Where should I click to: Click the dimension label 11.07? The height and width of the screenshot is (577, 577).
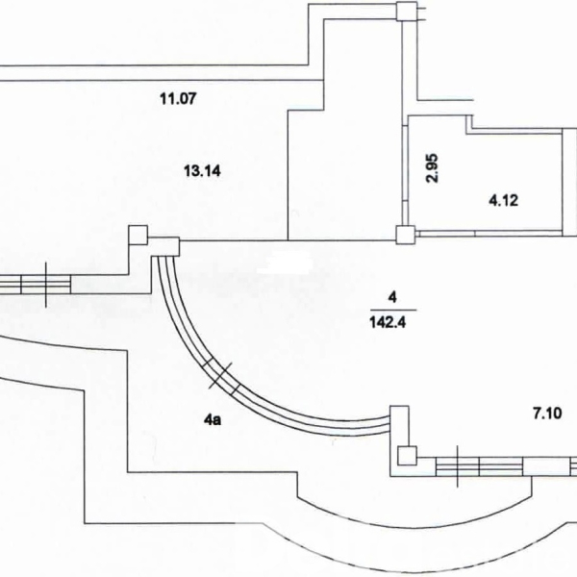[x=178, y=99]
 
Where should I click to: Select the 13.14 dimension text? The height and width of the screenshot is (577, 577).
[x=202, y=171]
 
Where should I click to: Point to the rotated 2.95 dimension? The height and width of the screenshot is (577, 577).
[x=432, y=167]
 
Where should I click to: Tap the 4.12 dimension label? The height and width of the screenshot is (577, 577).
[x=503, y=201]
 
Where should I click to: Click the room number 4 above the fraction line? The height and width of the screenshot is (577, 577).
[x=392, y=297]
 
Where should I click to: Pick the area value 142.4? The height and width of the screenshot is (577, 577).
[x=388, y=323]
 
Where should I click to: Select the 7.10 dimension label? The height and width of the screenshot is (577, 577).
[x=547, y=414]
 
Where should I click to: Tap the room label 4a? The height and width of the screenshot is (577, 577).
[x=213, y=419]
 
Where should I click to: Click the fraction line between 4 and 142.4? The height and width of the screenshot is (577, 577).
[x=393, y=311]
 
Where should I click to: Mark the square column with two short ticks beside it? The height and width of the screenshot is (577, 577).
[x=407, y=11]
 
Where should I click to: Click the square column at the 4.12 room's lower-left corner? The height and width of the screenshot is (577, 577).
[x=406, y=235]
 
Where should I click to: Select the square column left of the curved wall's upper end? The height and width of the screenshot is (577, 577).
[x=138, y=235]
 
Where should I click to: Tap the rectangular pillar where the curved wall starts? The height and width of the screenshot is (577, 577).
[x=163, y=246]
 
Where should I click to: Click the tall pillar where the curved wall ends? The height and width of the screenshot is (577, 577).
[x=399, y=425]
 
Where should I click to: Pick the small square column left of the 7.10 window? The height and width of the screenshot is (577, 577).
[x=408, y=456]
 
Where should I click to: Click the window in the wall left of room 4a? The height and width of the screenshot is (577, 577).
[x=35, y=284]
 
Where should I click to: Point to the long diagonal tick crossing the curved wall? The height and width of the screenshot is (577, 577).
[x=220, y=375]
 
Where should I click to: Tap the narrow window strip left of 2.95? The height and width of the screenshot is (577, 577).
[x=405, y=175]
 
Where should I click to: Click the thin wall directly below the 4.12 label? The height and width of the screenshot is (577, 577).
[x=490, y=233]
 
